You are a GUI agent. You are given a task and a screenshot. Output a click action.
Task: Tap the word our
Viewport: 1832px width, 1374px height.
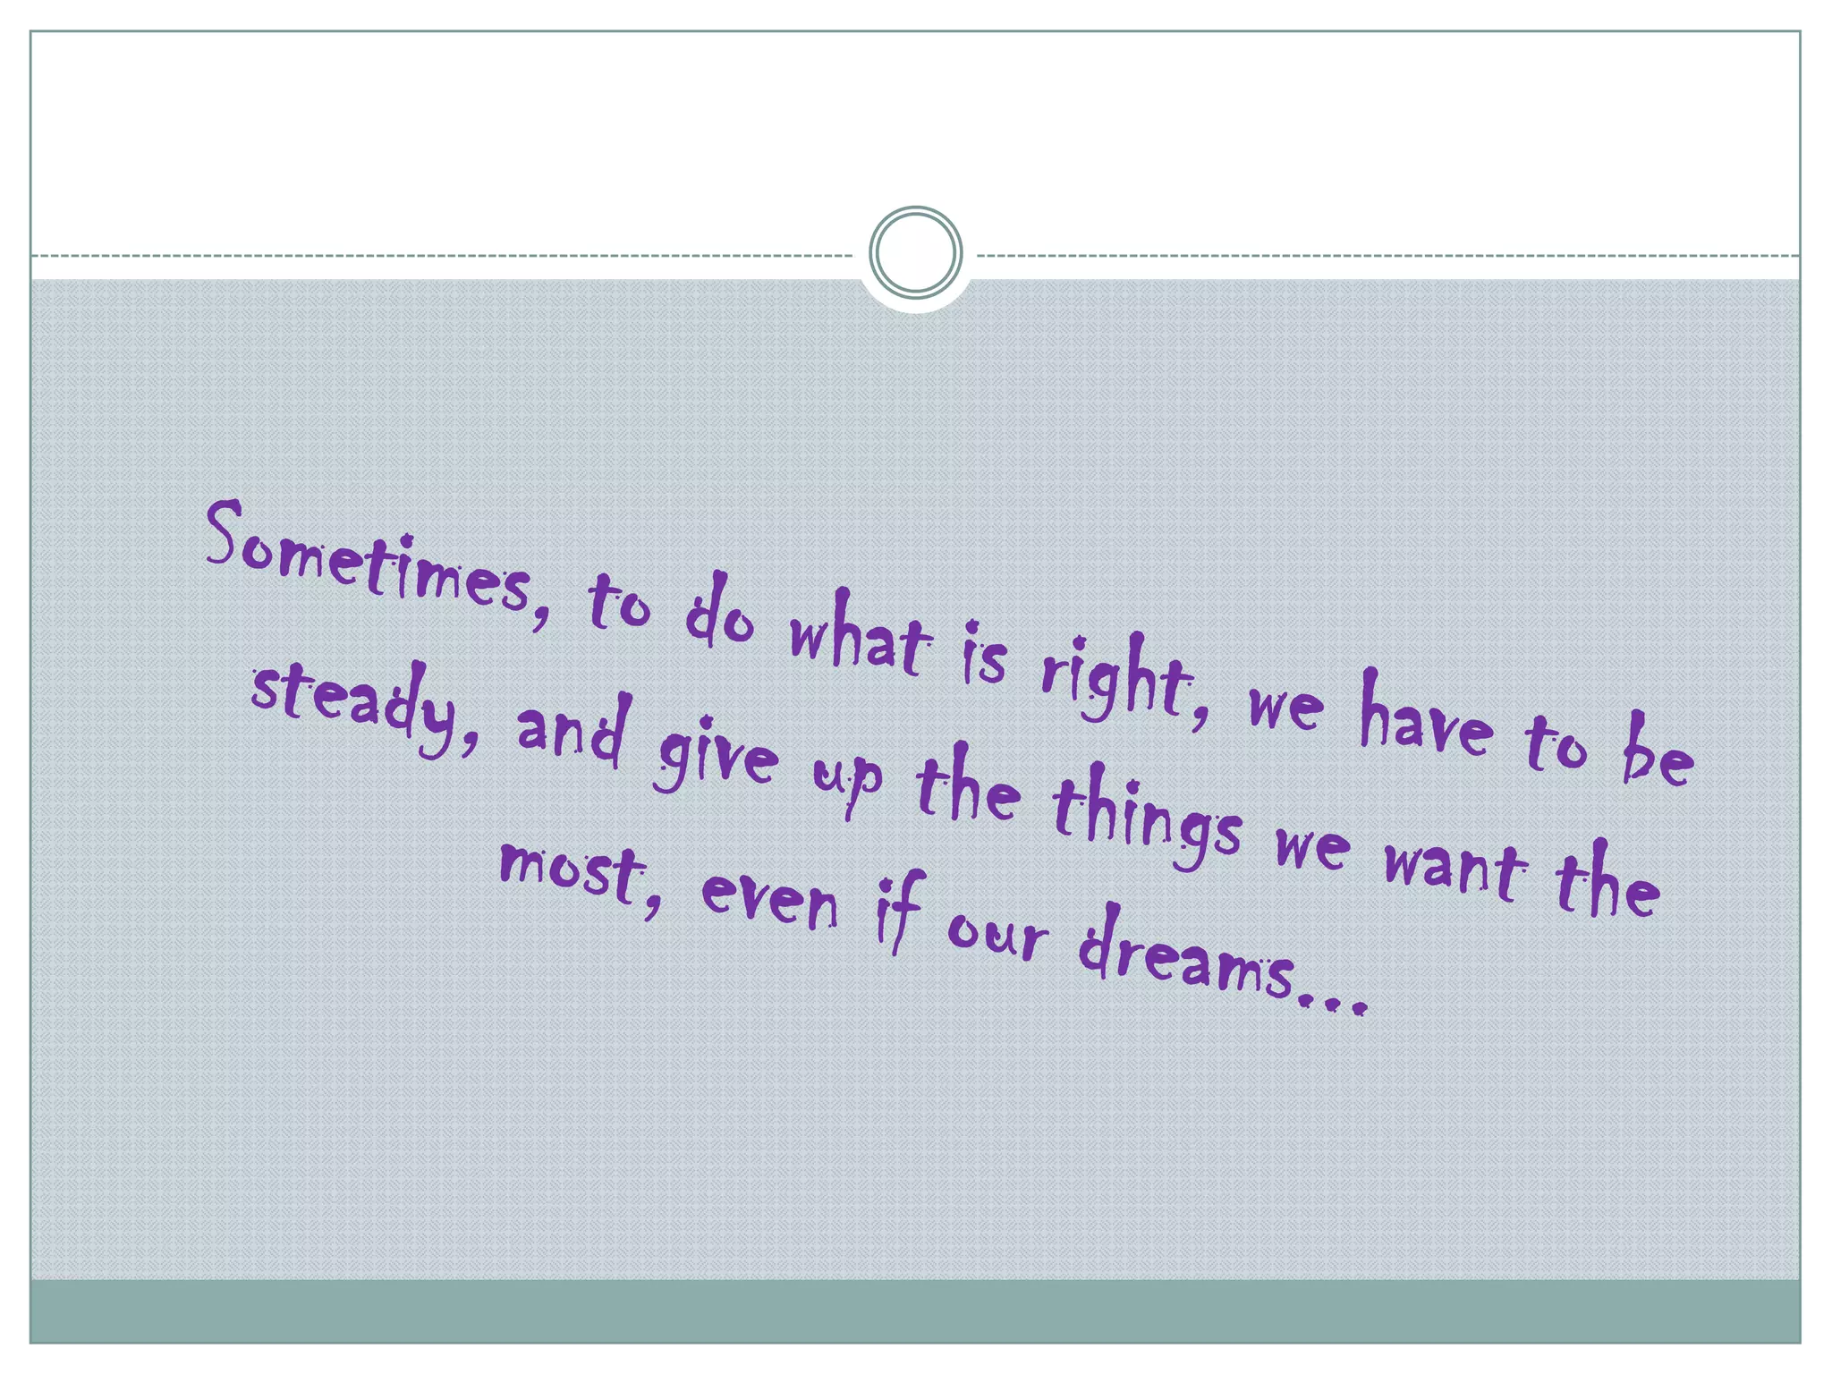(x=997, y=935)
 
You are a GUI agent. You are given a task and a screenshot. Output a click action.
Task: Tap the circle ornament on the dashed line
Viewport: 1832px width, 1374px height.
(x=915, y=252)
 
